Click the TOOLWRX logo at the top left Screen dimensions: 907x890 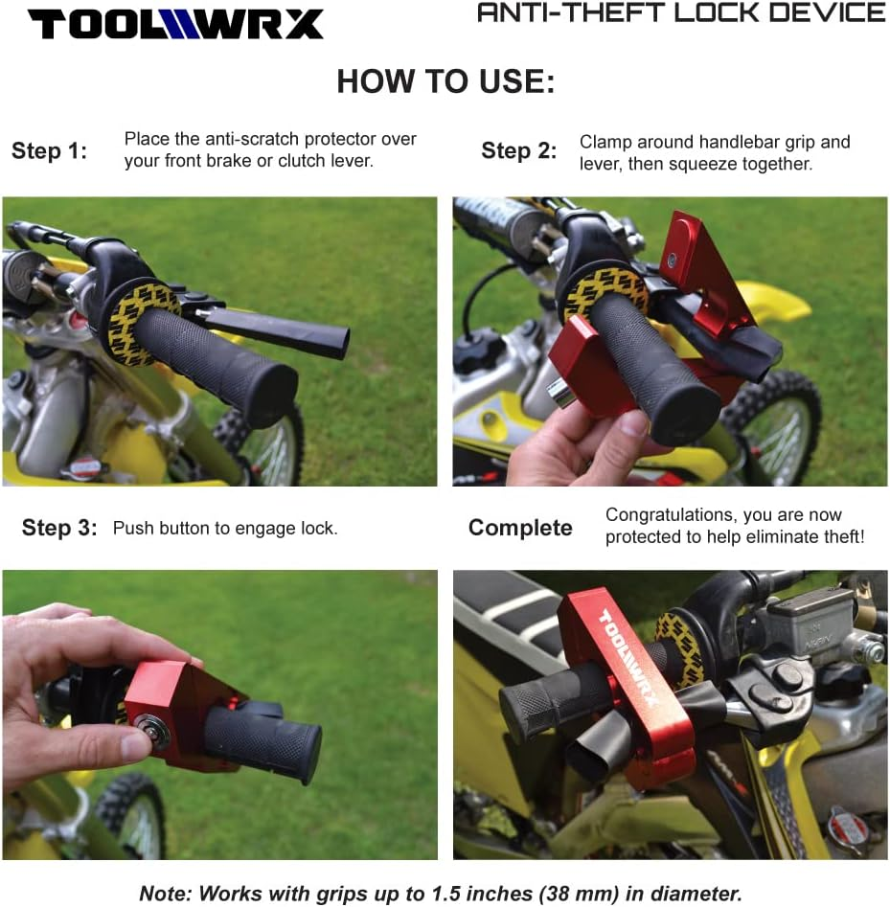click(x=175, y=23)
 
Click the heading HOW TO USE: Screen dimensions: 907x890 click(x=445, y=81)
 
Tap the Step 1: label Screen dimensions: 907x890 click(x=49, y=150)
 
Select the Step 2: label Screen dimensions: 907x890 click(x=518, y=150)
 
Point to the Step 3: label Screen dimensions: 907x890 click(x=59, y=528)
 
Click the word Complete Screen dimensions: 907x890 click(x=520, y=528)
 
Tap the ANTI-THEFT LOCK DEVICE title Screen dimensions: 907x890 click(x=681, y=13)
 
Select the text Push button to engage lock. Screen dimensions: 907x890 click(x=225, y=528)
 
